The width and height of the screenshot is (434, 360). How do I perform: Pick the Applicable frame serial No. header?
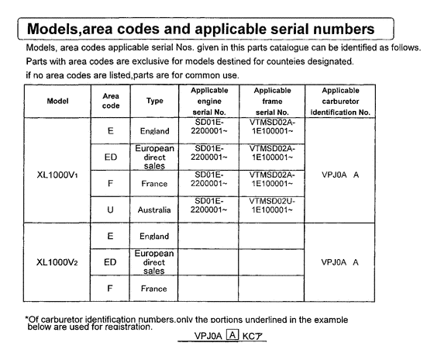tap(270, 100)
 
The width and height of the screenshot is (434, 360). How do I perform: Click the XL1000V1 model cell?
tap(57, 173)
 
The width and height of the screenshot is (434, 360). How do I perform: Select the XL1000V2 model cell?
tap(57, 261)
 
